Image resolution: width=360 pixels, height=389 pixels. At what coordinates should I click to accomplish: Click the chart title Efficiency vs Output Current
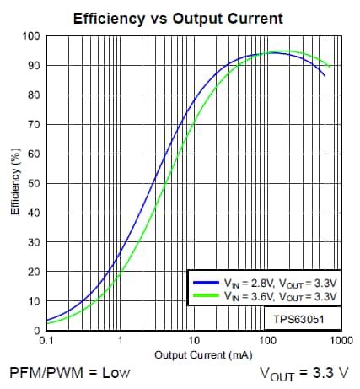pyautogui.click(x=177, y=18)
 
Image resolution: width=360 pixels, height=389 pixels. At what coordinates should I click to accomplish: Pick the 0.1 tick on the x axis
pyautogui.click(x=46, y=342)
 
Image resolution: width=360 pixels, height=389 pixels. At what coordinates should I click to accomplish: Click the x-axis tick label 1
pyautogui.click(x=121, y=342)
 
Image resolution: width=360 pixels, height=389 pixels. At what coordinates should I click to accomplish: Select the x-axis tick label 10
pyautogui.click(x=194, y=342)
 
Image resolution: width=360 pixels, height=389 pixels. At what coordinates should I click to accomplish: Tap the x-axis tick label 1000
pyautogui.click(x=341, y=342)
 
